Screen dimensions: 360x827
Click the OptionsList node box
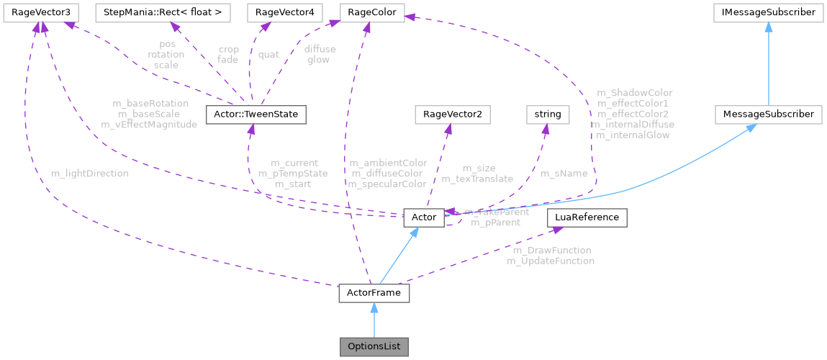point(374,346)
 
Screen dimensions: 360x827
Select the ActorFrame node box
point(374,294)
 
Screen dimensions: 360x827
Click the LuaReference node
point(587,217)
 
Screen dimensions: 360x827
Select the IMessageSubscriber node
point(769,12)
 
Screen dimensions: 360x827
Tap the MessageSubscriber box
point(769,114)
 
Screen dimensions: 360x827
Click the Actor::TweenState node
point(256,114)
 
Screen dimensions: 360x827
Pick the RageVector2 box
point(447,114)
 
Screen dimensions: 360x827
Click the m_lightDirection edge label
point(90,174)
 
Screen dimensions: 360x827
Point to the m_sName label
point(564,174)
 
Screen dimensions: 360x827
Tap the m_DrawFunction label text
point(551,251)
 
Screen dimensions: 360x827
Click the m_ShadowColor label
point(635,93)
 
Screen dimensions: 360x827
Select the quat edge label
point(268,54)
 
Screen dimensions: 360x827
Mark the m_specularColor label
point(387,184)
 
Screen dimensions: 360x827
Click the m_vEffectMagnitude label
point(149,124)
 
